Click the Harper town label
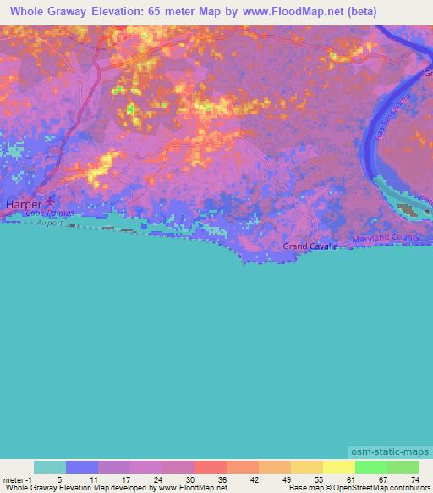[23, 204]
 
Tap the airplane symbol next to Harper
[50, 202]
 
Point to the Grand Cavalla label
[310, 246]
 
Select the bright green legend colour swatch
[370, 466]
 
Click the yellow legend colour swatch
[338, 466]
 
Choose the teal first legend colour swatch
[50, 466]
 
